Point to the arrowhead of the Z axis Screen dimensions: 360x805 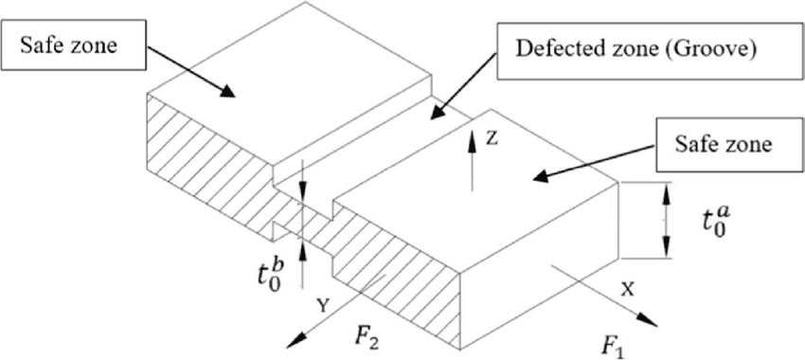click(472, 135)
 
